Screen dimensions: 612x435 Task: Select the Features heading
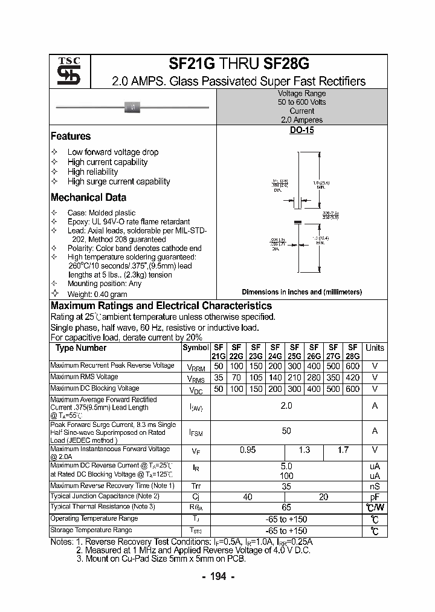click(x=71, y=137)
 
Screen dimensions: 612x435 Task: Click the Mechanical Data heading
click(x=88, y=197)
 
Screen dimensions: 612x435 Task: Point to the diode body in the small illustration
click(x=132, y=108)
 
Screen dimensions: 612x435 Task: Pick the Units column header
click(x=375, y=348)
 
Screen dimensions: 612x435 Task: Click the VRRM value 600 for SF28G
click(x=352, y=366)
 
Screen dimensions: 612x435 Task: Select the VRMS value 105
click(x=256, y=377)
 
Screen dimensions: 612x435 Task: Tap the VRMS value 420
click(x=352, y=377)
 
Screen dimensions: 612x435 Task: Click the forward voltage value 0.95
click(x=248, y=451)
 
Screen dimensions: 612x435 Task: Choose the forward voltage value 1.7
click(x=343, y=451)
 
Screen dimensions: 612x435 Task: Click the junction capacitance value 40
click(x=248, y=496)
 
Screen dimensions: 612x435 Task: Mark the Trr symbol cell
click(x=196, y=486)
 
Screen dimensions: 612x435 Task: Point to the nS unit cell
click(x=375, y=486)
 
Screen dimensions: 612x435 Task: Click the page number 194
click(x=217, y=576)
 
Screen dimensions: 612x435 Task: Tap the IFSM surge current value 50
click(x=286, y=431)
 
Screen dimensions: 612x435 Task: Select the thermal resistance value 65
click(x=286, y=507)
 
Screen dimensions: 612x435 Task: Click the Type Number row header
click(x=81, y=348)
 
